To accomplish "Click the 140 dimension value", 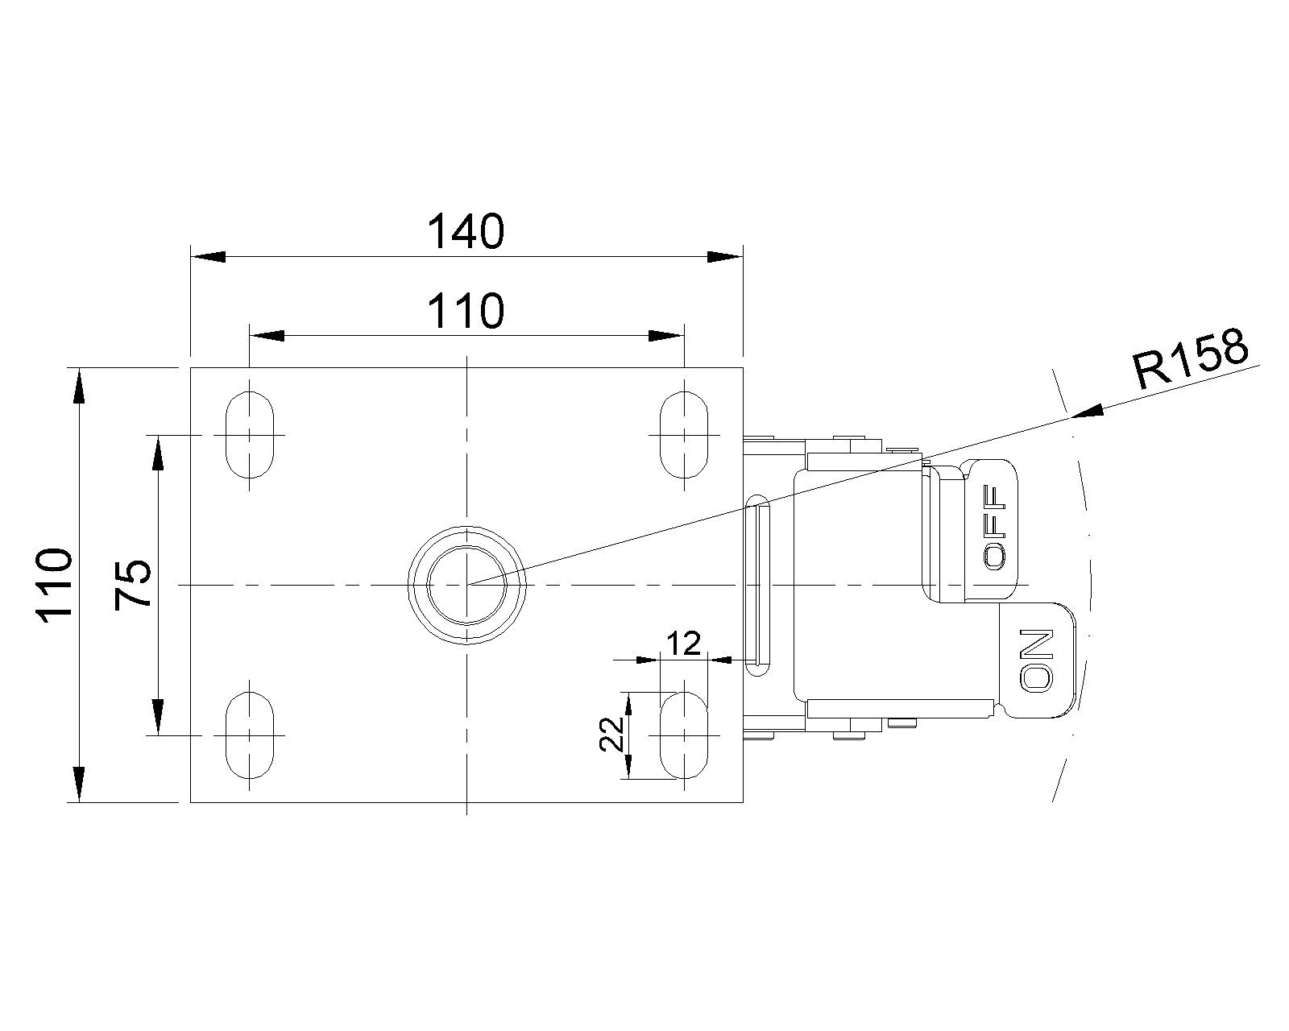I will tap(466, 232).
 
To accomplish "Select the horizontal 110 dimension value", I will tap(466, 311).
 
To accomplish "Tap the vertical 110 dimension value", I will tap(55, 583).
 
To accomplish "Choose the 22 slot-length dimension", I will tap(613, 734).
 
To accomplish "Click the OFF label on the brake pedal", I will tap(996, 527).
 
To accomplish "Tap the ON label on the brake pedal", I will tap(1036, 660).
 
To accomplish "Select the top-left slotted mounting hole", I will tap(250, 434).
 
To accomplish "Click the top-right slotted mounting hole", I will tap(684, 434).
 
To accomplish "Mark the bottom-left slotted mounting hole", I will tap(250, 735).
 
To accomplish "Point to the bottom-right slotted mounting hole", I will tap(684, 735).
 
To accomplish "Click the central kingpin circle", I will tap(466, 584).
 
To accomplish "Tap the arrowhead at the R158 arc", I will tap(1085, 412).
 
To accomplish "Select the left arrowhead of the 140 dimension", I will tap(207, 256).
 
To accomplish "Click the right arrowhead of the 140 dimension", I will tap(724, 256).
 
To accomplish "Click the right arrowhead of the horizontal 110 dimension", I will tap(667, 335).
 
